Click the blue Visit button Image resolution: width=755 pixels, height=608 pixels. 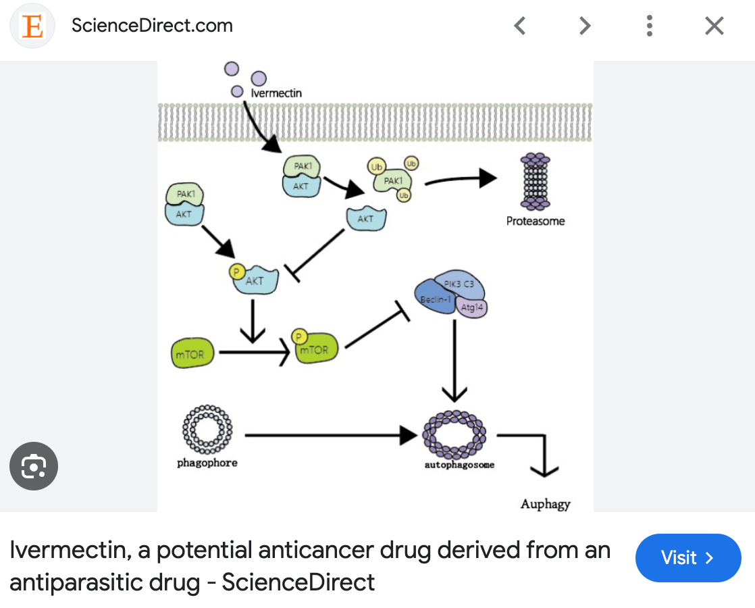pyautogui.click(x=687, y=557)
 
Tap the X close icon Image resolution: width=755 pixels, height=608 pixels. pyautogui.click(x=714, y=26)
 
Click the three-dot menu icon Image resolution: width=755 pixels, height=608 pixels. pyautogui.click(x=649, y=26)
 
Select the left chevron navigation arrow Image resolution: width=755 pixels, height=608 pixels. pyautogui.click(x=519, y=26)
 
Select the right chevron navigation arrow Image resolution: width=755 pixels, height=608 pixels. pyautogui.click(x=585, y=26)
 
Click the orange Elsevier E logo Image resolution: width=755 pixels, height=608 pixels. pyautogui.click(x=32, y=26)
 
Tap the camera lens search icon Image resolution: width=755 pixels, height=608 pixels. pyautogui.click(x=34, y=465)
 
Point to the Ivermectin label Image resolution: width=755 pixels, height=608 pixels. pyautogui.click(x=276, y=93)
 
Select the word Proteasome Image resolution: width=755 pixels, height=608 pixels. pyautogui.click(x=536, y=221)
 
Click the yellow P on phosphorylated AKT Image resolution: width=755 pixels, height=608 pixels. pyautogui.click(x=237, y=272)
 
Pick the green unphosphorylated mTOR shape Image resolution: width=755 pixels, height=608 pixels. pyautogui.click(x=192, y=354)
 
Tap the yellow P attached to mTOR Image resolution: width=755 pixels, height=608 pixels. pyautogui.click(x=298, y=336)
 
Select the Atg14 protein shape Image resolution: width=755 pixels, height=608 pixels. pyautogui.click(x=473, y=307)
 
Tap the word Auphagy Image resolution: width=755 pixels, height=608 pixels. pyautogui.click(x=546, y=504)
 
